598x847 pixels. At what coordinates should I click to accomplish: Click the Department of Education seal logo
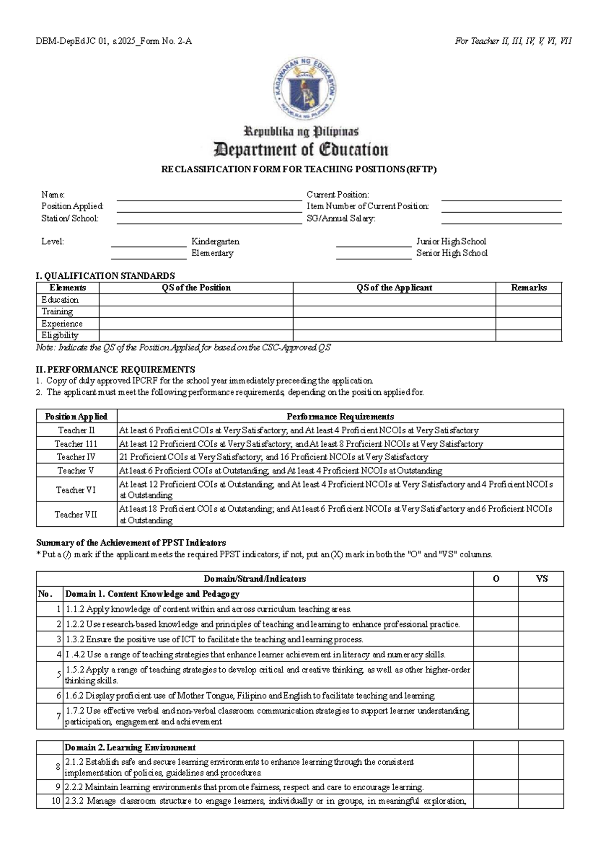tap(303, 89)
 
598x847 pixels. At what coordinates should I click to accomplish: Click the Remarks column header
tap(528, 288)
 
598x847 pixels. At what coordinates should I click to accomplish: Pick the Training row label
tap(57, 312)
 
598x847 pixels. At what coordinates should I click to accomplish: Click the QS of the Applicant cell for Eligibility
tap(394, 336)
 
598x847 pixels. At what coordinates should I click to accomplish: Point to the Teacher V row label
tap(76, 471)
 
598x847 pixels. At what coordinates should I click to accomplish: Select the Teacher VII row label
tap(76, 514)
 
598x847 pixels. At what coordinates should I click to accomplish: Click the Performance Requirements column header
tap(340, 417)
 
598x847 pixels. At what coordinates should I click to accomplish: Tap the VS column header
tap(541, 579)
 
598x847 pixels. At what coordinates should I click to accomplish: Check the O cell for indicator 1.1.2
tap(495, 609)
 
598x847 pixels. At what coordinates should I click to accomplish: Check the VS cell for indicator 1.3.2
tap(541, 639)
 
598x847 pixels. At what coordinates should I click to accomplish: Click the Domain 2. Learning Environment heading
tap(130, 747)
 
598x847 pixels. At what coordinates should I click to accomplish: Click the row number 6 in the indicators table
tap(59, 696)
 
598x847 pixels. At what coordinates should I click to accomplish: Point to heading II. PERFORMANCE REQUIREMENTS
tap(115, 369)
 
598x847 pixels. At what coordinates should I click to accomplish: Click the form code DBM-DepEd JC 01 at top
tap(114, 41)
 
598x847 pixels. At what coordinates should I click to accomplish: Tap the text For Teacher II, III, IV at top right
tap(513, 41)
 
